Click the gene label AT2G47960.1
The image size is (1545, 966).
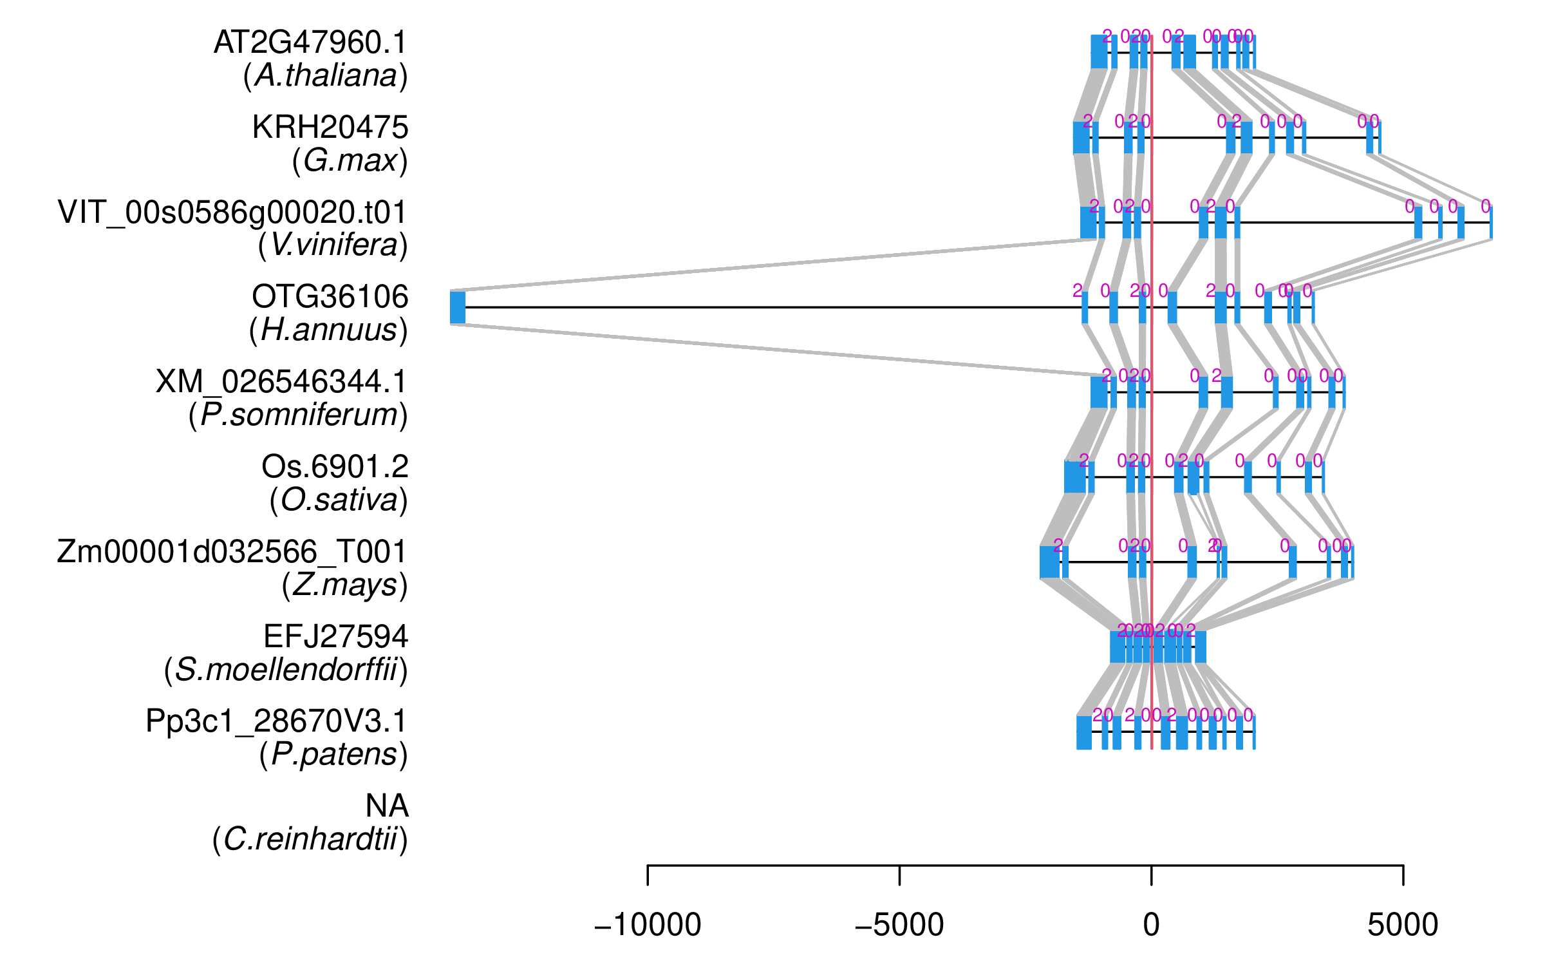[310, 43]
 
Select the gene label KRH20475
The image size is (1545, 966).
[330, 128]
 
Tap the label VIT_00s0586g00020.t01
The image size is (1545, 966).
[232, 213]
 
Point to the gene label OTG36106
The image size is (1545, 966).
[330, 297]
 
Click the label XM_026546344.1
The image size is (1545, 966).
[281, 382]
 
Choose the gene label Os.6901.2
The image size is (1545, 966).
[335, 467]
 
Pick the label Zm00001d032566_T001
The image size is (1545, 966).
[232, 552]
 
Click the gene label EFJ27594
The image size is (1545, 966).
[335, 637]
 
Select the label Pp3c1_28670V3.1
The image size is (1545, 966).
[276, 721]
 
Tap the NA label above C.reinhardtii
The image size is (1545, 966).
[386, 806]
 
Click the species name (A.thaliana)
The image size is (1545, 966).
[326, 76]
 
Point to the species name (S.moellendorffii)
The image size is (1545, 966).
[286, 670]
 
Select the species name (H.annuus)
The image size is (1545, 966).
[328, 330]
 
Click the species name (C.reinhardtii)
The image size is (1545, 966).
[310, 840]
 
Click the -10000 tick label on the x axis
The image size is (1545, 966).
[648, 925]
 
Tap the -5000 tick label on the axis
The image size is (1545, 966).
[899, 925]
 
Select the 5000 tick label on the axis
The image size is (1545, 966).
[1403, 925]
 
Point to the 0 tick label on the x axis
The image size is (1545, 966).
[1151, 925]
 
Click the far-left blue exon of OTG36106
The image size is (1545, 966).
[458, 307]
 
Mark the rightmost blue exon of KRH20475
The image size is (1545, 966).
[1379, 137]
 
